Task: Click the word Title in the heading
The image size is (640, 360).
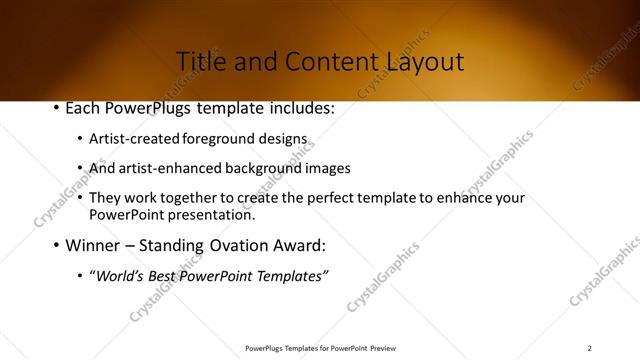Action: tap(201, 62)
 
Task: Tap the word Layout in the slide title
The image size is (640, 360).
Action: tap(425, 62)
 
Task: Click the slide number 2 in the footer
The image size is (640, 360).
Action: tap(590, 348)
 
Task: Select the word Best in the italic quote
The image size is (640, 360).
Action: tap(169, 276)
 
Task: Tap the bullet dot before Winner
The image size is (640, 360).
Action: tap(55, 245)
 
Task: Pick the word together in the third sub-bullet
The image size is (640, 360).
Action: tap(193, 198)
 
